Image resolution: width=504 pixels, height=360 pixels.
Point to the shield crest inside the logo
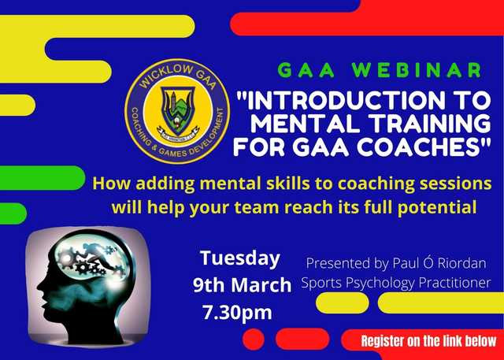[x=177, y=111]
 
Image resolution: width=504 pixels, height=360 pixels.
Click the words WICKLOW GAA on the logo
[x=177, y=76]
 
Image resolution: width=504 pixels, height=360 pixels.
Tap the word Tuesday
[x=239, y=258]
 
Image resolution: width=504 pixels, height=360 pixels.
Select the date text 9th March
[x=242, y=285]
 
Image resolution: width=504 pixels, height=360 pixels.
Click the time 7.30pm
[x=237, y=312]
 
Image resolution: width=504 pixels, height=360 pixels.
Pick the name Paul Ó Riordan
[x=439, y=263]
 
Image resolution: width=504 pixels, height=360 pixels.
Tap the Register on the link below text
[x=429, y=341]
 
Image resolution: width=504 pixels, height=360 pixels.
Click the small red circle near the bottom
[x=254, y=340]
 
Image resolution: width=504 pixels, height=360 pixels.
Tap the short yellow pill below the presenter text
[x=343, y=302]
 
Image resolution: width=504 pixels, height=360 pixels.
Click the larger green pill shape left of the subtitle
[x=42, y=178]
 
